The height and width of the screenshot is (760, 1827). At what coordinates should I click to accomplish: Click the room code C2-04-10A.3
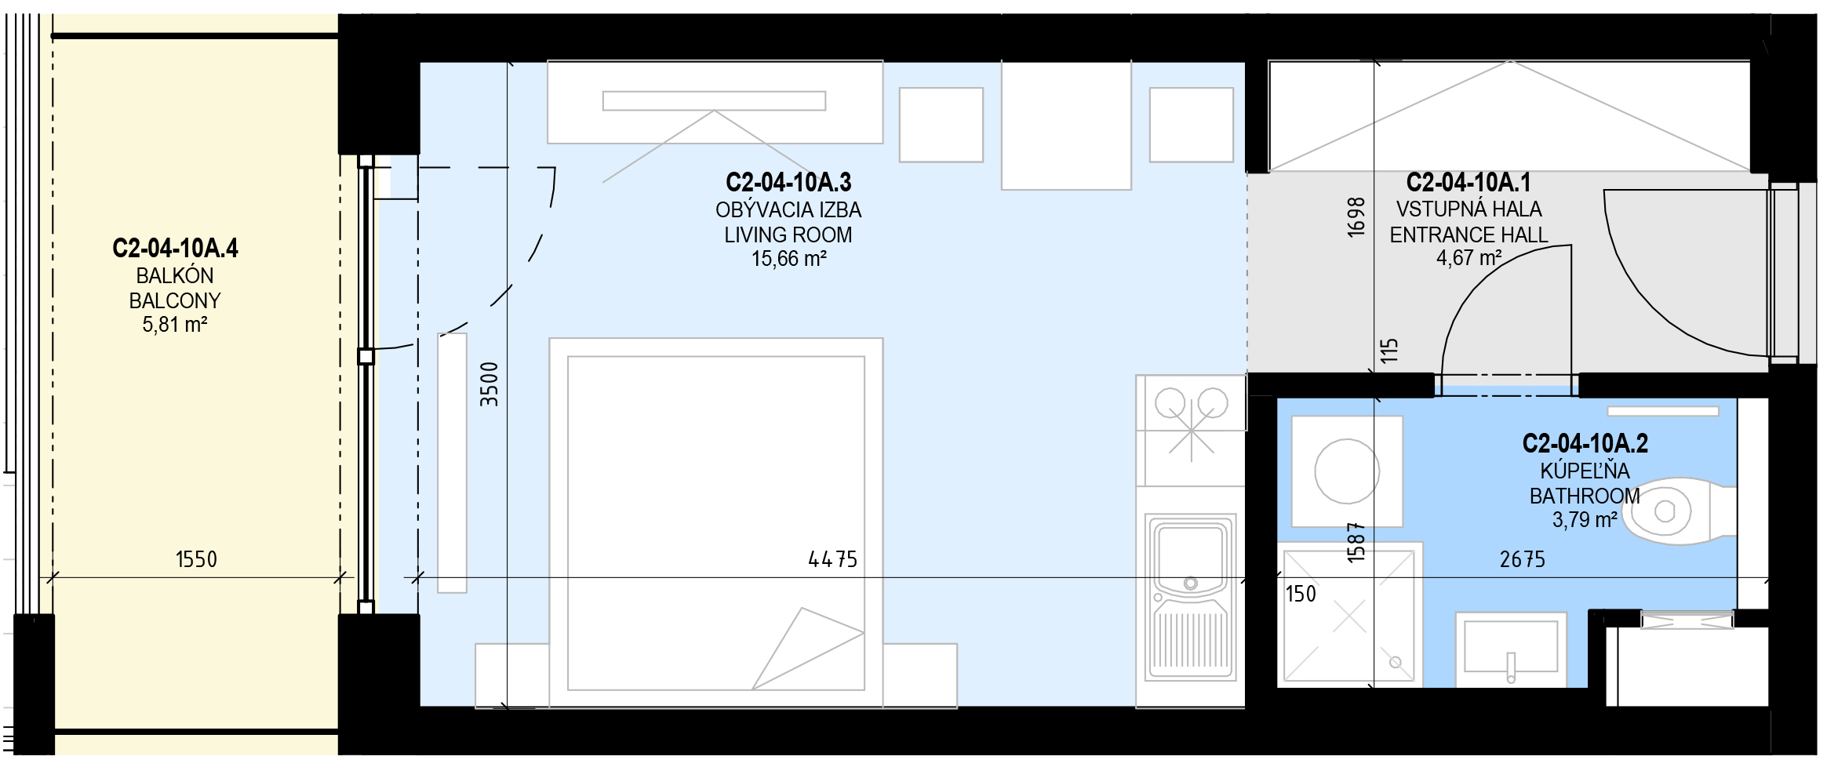coord(788,183)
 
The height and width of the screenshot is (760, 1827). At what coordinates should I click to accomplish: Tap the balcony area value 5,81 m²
coord(174,324)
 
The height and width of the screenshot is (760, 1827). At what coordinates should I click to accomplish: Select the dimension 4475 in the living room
coord(832,559)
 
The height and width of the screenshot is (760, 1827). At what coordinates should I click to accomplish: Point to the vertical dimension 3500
coord(490,384)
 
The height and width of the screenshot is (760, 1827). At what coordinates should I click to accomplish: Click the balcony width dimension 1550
coord(196,559)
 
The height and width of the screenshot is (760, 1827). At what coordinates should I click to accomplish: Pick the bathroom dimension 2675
coord(1522,559)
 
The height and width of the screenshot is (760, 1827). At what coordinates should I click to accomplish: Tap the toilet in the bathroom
coord(1679,511)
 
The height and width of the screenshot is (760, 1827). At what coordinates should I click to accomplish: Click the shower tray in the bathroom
coord(1348,616)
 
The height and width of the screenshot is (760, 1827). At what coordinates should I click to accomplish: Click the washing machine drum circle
coord(1347,471)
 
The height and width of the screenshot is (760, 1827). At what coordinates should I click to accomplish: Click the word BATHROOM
coord(1585,496)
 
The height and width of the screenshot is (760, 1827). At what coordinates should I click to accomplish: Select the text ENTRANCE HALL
coord(1469,235)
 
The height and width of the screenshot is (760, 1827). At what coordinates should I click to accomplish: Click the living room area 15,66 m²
coord(788,258)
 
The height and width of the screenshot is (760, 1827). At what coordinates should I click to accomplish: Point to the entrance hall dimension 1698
coord(1356,217)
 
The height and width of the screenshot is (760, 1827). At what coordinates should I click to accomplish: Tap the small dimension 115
coord(1388,350)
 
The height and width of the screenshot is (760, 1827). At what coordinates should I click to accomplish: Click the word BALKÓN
coord(174,275)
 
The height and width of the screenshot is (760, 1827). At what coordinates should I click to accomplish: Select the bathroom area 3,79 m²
coord(1585,519)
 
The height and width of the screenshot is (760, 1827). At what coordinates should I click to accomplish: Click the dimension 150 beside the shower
coord(1301,594)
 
